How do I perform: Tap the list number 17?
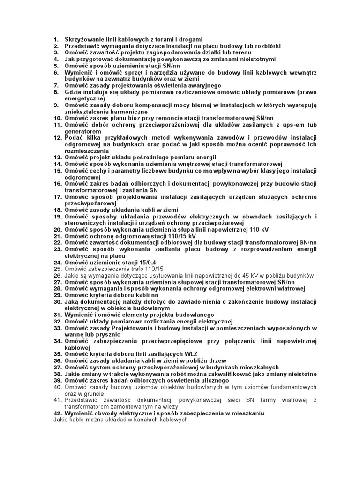pyautogui.click(x=57, y=197)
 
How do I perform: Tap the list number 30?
pyautogui.click(x=57, y=302)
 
